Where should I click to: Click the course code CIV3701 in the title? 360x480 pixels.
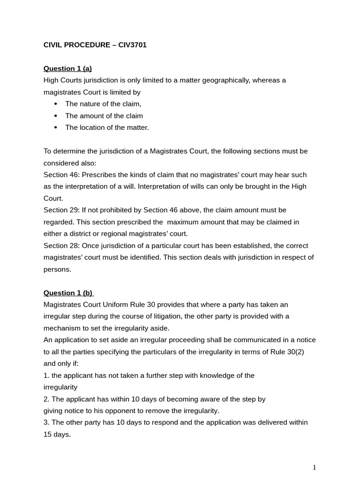(x=133, y=45)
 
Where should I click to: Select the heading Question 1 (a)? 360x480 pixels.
(x=67, y=68)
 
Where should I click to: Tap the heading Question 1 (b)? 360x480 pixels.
(x=68, y=293)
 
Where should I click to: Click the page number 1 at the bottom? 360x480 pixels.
(x=315, y=467)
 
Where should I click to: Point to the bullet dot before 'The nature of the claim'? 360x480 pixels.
(x=56, y=104)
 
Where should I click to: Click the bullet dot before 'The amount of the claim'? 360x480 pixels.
(x=56, y=116)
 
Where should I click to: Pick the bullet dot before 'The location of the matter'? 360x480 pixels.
(x=56, y=127)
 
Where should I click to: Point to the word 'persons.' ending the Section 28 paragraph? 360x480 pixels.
(x=57, y=269)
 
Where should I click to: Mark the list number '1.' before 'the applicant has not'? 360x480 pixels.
(x=46, y=375)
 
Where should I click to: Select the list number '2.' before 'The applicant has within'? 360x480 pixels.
(x=46, y=399)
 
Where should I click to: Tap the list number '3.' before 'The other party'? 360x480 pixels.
(x=46, y=422)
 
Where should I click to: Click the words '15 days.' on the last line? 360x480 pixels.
(x=57, y=435)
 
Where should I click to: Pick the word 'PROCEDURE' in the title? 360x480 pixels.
(x=87, y=45)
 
